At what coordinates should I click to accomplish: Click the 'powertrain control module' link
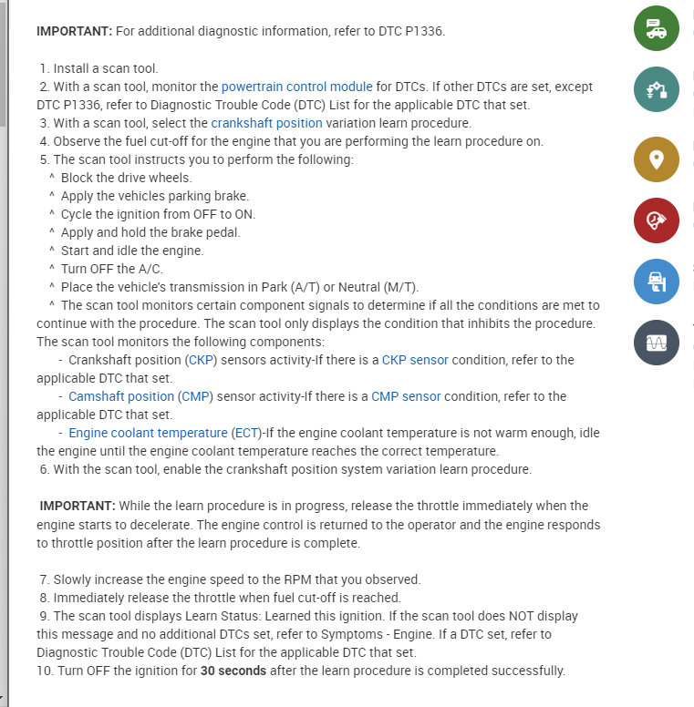296,87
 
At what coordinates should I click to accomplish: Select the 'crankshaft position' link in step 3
266,123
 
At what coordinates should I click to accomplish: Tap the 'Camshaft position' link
121,396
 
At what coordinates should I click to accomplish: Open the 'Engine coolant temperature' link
148,433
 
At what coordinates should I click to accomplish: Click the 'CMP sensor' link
406,396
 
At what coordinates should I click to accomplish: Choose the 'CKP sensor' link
415,360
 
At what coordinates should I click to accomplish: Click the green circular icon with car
657,28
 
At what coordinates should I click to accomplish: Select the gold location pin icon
657,159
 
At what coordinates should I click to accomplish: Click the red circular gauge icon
657,220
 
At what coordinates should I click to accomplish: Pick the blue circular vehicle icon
657,281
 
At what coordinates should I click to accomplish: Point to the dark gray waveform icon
657,343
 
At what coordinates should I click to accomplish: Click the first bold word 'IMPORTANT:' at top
74,31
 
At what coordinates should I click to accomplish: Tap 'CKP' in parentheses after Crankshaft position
201,360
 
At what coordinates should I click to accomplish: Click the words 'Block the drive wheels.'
127,178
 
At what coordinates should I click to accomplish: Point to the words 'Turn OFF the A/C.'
111,269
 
